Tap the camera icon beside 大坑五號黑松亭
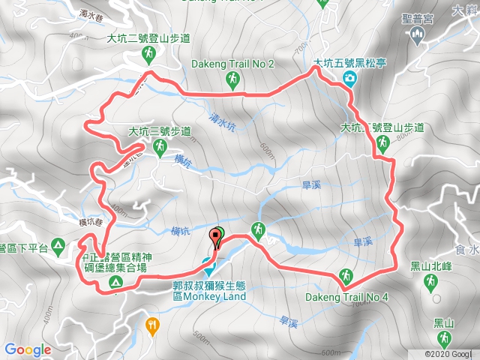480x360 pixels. pyautogui.click(x=350, y=79)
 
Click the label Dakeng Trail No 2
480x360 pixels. pyautogui.click(x=233, y=63)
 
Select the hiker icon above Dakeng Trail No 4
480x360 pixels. pyautogui.click(x=346, y=275)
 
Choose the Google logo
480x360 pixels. pyautogui.click(x=28, y=349)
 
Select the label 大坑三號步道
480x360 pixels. pyautogui.click(x=159, y=133)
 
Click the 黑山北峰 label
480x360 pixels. pyautogui.click(x=431, y=265)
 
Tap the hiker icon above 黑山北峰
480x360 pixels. pyautogui.click(x=431, y=282)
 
